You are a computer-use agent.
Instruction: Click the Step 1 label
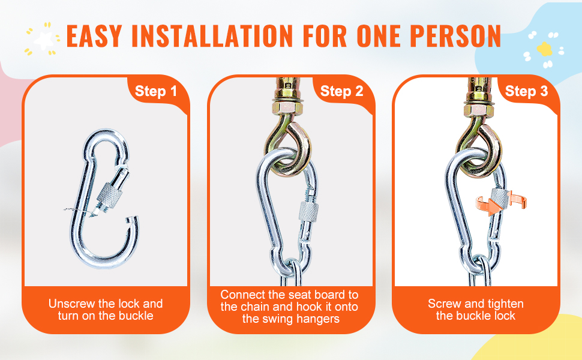click(x=156, y=91)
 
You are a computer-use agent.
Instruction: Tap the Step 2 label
click(x=341, y=91)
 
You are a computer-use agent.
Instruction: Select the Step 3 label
click(x=526, y=91)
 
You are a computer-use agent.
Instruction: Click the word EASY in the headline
click(x=94, y=36)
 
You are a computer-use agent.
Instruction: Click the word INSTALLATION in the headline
click(x=212, y=36)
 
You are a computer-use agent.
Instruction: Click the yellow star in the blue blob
click(x=545, y=49)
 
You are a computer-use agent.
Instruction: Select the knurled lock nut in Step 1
click(x=109, y=194)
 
